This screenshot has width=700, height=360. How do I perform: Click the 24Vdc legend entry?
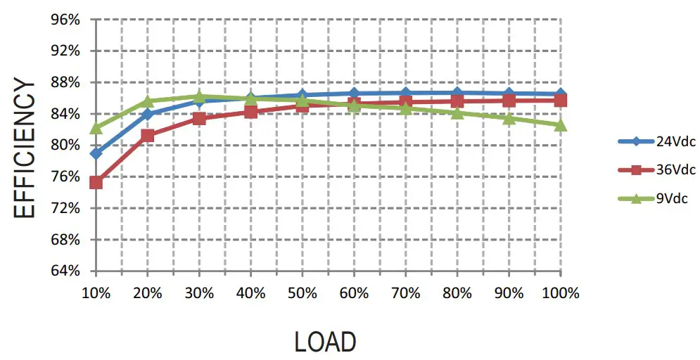click(675, 141)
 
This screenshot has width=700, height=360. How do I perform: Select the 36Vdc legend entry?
click(675, 169)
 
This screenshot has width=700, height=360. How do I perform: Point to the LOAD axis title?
click(325, 342)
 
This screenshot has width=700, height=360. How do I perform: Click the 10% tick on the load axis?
click(96, 293)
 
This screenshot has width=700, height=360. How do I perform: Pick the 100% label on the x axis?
click(561, 293)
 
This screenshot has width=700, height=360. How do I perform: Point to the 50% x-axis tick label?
click(303, 293)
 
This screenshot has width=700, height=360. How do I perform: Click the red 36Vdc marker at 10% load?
click(96, 183)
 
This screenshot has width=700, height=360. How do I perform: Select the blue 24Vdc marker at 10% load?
click(96, 153)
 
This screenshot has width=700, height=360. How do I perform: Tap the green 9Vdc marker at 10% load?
click(96, 128)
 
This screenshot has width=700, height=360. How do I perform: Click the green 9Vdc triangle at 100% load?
click(561, 125)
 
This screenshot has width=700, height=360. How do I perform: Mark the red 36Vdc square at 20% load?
click(148, 136)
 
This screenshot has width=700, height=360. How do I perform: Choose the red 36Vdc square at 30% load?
click(199, 118)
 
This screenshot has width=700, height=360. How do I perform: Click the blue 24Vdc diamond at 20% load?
click(148, 114)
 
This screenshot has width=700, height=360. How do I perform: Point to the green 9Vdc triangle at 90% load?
click(509, 118)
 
